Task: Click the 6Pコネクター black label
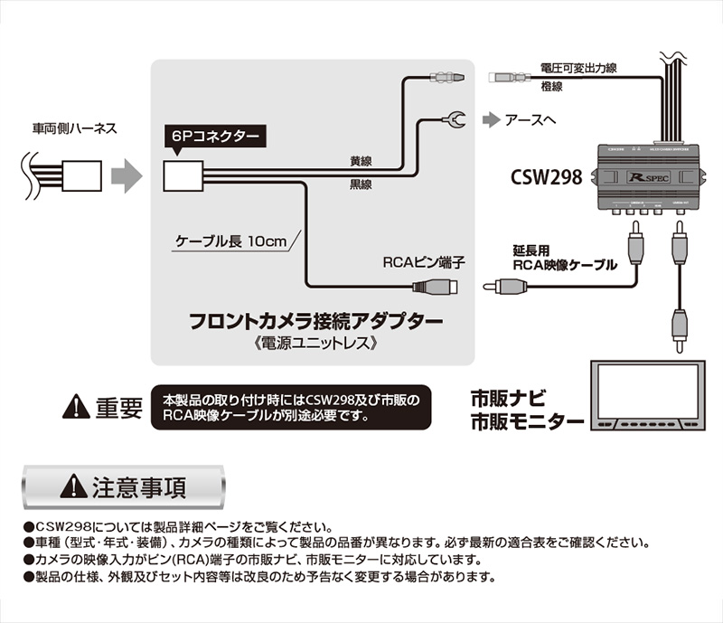coord(214,137)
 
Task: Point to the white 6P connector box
coord(183,175)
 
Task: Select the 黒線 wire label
coord(363,184)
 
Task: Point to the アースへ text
coord(531,118)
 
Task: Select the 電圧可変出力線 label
coord(578,68)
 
